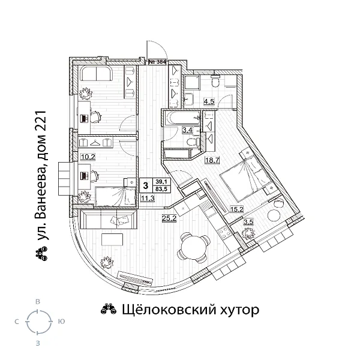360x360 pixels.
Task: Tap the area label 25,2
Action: (169, 218)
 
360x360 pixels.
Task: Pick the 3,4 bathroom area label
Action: (170, 128)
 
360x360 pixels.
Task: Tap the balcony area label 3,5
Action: (248, 223)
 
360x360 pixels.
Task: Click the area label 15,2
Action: (236, 209)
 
